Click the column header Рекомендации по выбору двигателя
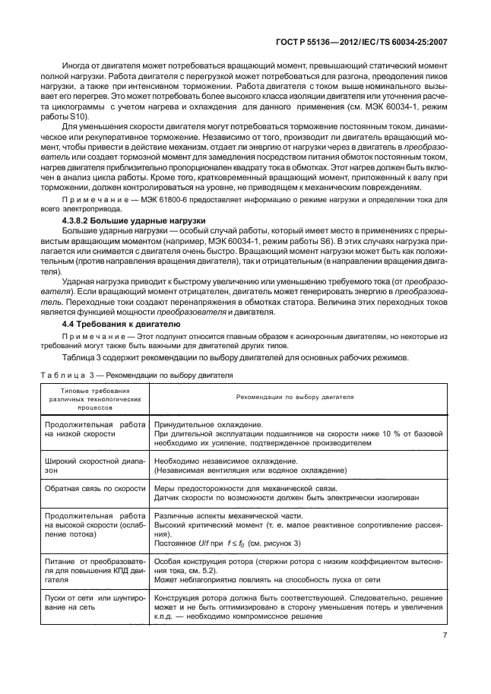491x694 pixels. [299, 397]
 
